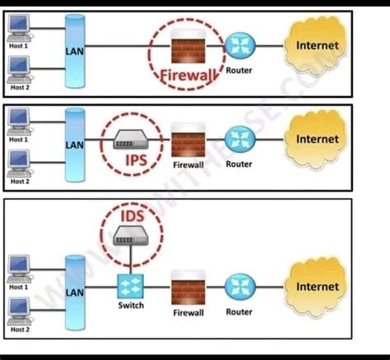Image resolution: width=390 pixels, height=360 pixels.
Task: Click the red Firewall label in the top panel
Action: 188,77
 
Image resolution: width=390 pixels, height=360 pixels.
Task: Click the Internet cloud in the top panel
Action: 317,46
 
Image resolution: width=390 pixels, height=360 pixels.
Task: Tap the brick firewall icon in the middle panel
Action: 188,143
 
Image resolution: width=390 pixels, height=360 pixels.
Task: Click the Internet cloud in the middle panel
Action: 317,141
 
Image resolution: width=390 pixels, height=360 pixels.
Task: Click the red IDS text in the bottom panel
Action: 129,217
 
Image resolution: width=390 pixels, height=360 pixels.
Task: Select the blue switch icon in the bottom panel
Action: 130,286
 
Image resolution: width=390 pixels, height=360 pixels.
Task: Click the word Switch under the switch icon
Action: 130,306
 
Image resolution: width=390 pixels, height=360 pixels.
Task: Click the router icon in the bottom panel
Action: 239,288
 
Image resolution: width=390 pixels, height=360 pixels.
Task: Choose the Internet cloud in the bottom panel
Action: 317,288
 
